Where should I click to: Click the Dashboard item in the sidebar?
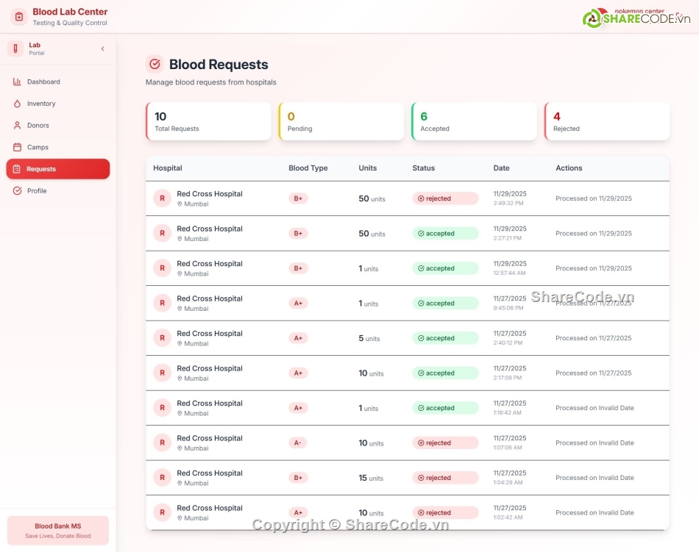pos(43,82)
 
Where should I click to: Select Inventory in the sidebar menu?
pos(41,104)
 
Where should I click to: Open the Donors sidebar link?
pos(38,126)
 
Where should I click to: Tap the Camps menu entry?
pos(38,147)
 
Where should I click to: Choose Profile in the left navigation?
pos(37,191)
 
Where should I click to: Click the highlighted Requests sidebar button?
pos(57,169)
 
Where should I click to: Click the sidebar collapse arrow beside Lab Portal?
pos(102,49)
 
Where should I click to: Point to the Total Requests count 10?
pos(160,116)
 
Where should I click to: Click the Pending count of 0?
pos(291,116)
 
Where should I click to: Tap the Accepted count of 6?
pos(424,116)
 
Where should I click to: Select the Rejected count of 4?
pos(557,116)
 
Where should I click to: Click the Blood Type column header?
pos(308,168)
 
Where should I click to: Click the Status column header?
pos(423,168)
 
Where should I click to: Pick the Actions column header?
pos(569,168)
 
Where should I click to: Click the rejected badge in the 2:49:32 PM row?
pos(444,198)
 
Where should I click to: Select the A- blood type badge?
pos(298,442)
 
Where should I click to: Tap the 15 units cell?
pos(372,478)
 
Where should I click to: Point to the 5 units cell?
pos(369,338)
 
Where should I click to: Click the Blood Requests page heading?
pos(219,65)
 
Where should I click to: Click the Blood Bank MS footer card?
pos(57,531)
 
